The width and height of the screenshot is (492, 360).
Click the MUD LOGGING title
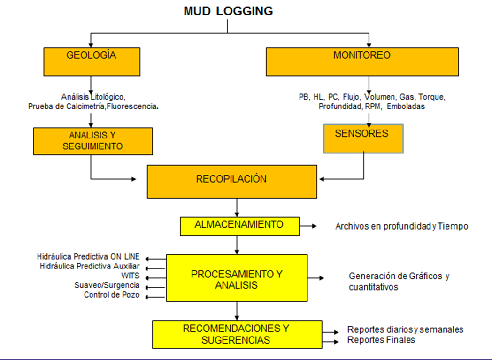[228, 11]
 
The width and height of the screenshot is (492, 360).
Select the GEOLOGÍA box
[92, 61]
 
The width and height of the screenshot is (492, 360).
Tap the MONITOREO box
[362, 61]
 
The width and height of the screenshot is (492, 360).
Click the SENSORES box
[363, 138]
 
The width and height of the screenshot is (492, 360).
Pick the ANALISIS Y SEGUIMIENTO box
[93, 141]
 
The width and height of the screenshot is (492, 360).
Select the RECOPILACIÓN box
[231, 181]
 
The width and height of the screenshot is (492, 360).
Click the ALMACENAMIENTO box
[239, 226]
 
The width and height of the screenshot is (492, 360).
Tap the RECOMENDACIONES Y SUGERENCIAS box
[237, 334]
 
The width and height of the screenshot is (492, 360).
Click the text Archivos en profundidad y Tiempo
[401, 226]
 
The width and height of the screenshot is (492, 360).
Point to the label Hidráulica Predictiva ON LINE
[88, 257]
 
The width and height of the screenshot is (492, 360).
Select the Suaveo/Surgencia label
[107, 285]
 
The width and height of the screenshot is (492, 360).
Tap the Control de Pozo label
[111, 295]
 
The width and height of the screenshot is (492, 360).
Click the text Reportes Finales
[381, 340]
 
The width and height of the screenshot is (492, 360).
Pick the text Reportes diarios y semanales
[405, 329]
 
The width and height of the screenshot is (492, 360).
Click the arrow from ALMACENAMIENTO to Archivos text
[308, 226]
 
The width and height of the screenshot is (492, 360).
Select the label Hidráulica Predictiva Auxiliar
[90, 267]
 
